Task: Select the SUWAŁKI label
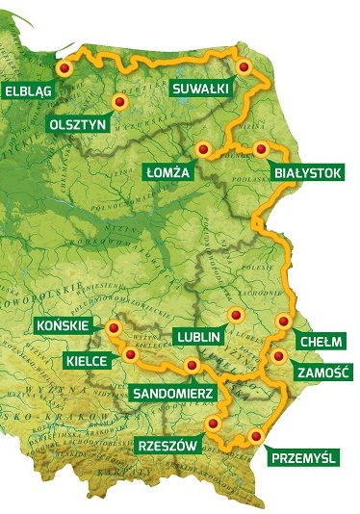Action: click(199, 89)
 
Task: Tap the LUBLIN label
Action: click(199, 337)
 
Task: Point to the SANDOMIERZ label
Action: click(171, 393)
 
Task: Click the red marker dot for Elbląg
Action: click(64, 70)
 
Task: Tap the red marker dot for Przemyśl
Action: click(255, 436)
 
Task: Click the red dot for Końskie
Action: click(114, 328)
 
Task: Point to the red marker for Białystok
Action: click(260, 148)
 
